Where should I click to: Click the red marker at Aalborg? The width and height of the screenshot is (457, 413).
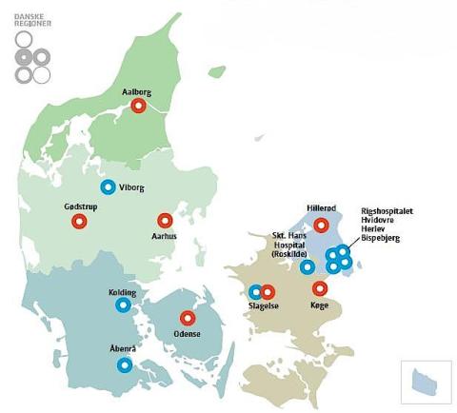(139, 107)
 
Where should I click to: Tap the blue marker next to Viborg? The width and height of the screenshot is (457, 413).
(108, 187)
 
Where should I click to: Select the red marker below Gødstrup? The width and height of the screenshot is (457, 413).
(79, 222)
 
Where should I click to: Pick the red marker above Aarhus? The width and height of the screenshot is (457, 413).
(165, 220)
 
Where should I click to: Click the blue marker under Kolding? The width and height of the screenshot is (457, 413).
(123, 305)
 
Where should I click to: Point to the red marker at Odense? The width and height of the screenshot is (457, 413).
(188, 318)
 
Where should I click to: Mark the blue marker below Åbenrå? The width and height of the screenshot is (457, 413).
(124, 365)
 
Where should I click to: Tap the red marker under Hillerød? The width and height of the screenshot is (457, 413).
(321, 226)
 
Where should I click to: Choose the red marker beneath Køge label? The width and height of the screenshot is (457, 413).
(320, 288)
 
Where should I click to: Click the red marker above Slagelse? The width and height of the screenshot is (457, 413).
(268, 292)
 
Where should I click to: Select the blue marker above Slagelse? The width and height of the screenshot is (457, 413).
(255, 292)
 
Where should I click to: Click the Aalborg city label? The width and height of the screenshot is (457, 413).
(139, 92)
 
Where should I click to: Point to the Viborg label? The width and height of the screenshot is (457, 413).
(132, 187)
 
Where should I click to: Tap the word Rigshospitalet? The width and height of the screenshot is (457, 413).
(387, 210)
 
